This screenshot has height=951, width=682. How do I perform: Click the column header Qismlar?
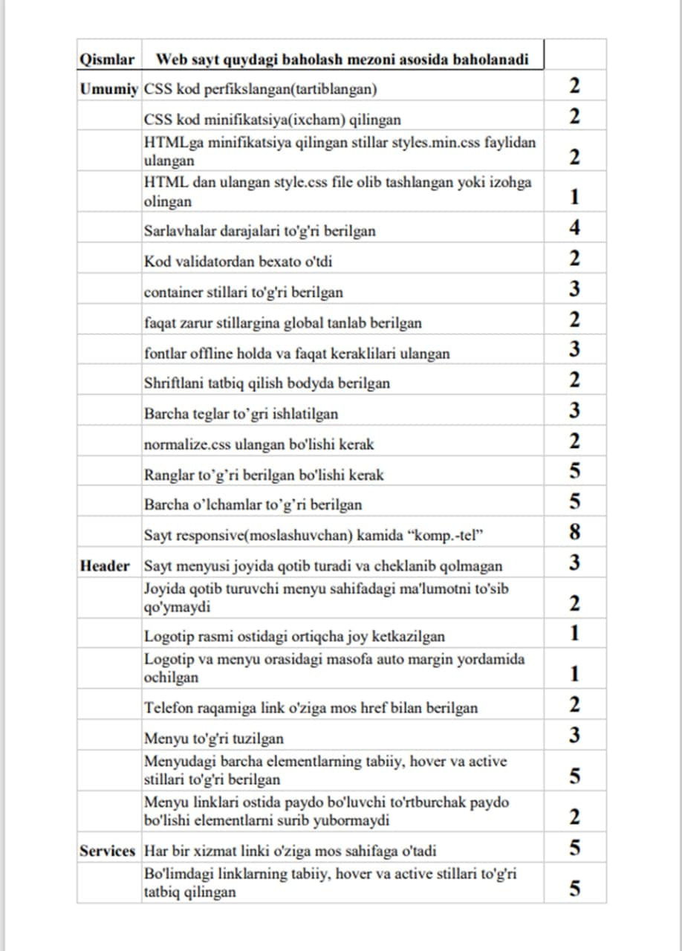click(107, 59)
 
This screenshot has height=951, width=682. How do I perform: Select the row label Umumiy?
click(108, 90)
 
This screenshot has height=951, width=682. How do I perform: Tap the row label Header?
click(105, 566)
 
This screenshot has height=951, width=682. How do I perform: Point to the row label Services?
click(108, 851)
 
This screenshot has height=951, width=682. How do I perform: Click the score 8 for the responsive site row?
click(575, 532)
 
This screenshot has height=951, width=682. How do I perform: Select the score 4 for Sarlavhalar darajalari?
click(575, 228)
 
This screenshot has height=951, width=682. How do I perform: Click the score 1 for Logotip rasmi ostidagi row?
click(575, 634)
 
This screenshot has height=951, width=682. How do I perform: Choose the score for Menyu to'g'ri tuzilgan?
click(575, 736)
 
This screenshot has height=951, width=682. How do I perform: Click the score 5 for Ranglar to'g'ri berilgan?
click(575, 471)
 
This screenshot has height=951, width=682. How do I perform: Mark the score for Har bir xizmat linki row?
click(575, 848)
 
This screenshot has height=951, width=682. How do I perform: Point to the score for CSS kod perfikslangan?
click(575, 86)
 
